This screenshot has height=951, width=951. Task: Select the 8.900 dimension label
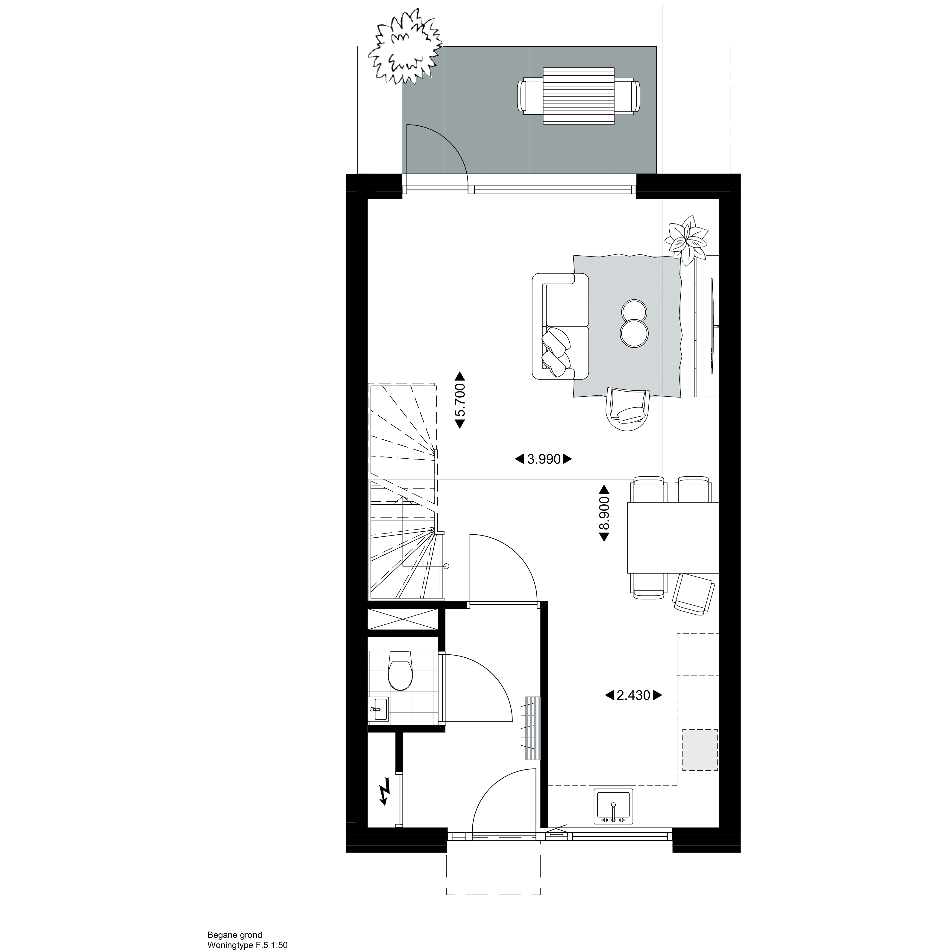(604, 513)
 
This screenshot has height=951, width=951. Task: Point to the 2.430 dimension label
(633, 696)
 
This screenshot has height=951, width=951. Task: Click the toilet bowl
(400, 671)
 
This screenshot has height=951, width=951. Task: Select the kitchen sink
(613, 814)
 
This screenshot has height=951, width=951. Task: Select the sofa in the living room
(560, 326)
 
